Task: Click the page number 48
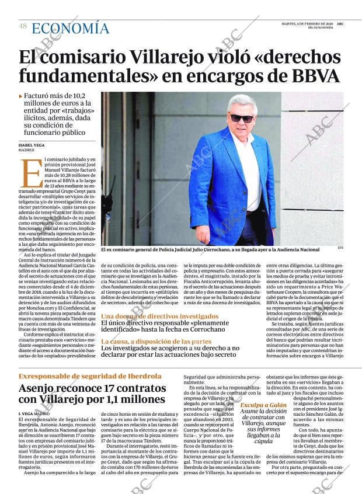point(23,26)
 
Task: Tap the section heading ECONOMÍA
point(70,28)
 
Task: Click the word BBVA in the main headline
point(309,76)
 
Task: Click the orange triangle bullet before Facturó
point(20,96)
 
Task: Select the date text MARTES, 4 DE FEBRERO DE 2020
point(307,23)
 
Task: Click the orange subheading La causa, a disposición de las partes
point(156,341)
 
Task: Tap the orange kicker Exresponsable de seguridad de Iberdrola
point(90,376)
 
